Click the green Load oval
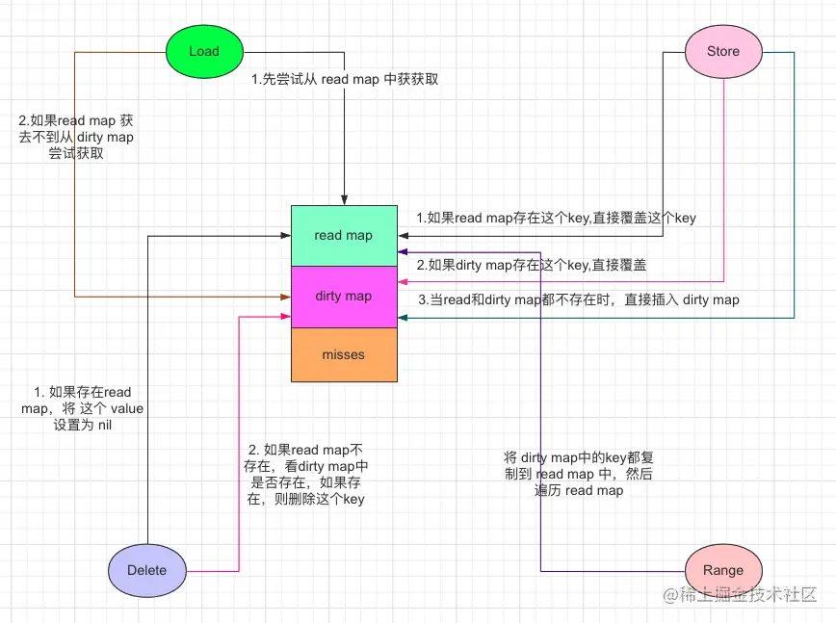point(204,51)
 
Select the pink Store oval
point(723,51)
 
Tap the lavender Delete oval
point(147,569)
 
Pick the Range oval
point(723,569)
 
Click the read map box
point(344,235)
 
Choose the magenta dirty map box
point(344,296)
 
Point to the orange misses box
point(344,354)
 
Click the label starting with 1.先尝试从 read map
point(345,79)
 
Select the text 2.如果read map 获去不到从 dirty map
point(76,138)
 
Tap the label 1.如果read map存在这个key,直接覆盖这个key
point(556,218)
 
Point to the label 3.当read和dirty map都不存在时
point(579,299)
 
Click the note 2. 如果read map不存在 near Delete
point(306,475)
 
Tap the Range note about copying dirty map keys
point(580,474)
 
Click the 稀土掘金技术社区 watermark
point(740,594)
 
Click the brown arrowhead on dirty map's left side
point(286,298)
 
